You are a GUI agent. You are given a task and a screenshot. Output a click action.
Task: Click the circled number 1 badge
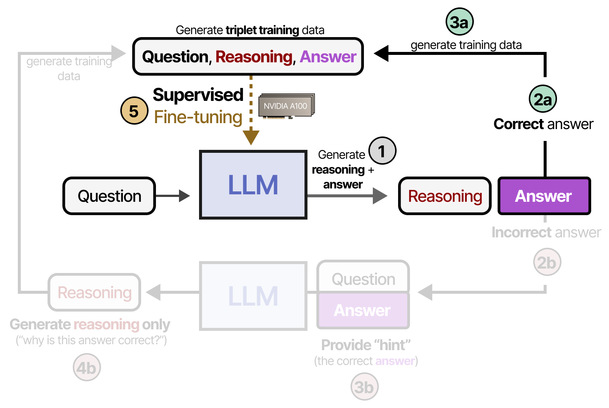point(382,151)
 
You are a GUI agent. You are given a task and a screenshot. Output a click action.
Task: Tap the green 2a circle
point(543,99)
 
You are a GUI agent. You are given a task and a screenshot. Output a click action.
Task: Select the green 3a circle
point(459,22)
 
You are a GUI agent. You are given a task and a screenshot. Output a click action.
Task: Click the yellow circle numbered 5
point(134,111)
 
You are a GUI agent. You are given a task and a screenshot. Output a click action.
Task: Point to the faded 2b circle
point(547,262)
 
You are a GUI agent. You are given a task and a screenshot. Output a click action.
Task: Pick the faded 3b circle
point(364,387)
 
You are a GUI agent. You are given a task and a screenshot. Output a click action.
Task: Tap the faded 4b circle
point(87,368)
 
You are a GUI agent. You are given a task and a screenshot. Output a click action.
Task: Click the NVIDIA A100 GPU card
point(286,106)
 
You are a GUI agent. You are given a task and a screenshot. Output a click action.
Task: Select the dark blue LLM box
point(253,185)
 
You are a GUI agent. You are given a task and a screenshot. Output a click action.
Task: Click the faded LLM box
point(253,296)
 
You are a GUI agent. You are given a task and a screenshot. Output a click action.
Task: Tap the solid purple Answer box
point(544,196)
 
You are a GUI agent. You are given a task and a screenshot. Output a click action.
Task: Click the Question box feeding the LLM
point(109,196)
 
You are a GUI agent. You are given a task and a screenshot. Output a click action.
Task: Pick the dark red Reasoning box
point(444,196)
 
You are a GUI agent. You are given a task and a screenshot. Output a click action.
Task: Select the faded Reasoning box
point(94,292)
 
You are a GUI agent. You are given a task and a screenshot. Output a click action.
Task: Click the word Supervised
point(198,95)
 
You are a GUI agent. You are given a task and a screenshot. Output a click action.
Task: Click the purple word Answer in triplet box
point(328,57)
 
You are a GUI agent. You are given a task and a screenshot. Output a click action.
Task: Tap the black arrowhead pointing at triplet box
point(381,53)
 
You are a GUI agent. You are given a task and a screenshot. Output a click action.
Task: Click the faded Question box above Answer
point(363,278)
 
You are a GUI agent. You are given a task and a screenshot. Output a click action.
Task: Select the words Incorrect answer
point(546,233)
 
